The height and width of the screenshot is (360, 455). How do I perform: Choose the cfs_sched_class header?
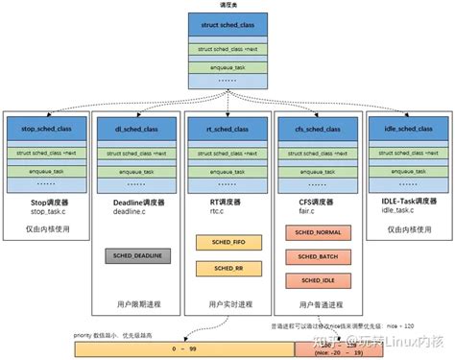[315, 129]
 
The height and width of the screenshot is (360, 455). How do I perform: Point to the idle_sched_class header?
[405, 129]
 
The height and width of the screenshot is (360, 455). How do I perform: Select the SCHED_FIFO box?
[225, 243]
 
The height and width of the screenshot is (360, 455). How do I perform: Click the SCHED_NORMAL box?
[315, 233]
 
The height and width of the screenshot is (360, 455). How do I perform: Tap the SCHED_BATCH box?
[315, 256]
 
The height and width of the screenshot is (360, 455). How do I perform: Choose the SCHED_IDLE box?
[315, 279]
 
